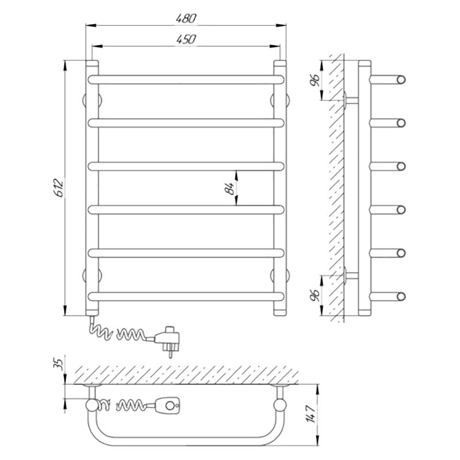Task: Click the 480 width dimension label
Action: pos(186,19)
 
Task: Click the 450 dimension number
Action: pos(186,39)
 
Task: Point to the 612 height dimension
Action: pos(59,188)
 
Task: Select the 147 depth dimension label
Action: pos(311,414)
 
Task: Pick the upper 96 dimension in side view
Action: pos(315,80)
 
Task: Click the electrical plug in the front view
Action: pos(167,340)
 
